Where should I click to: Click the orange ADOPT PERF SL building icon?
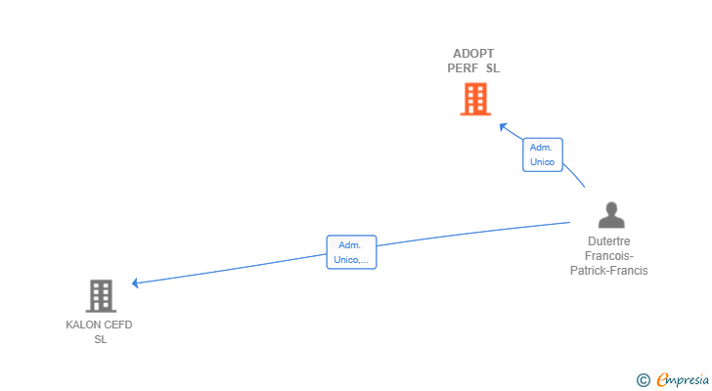(x=474, y=99)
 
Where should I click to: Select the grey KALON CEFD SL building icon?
(x=100, y=295)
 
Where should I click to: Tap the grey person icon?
(x=611, y=215)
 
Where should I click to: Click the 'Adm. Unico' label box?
(x=542, y=154)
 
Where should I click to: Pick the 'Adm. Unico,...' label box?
(x=351, y=252)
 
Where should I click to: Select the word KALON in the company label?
(x=83, y=325)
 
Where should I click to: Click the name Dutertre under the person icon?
(x=609, y=241)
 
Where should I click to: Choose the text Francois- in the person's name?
(x=609, y=256)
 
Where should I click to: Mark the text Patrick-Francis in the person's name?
(x=609, y=271)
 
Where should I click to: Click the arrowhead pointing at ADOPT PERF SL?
(x=503, y=126)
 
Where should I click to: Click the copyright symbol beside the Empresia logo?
(x=643, y=379)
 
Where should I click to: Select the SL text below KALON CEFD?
(x=100, y=339)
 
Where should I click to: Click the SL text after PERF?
(x=492, y=68)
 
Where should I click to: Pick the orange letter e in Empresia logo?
(x=662, y=379)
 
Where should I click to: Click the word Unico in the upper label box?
(x=542, y=161)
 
